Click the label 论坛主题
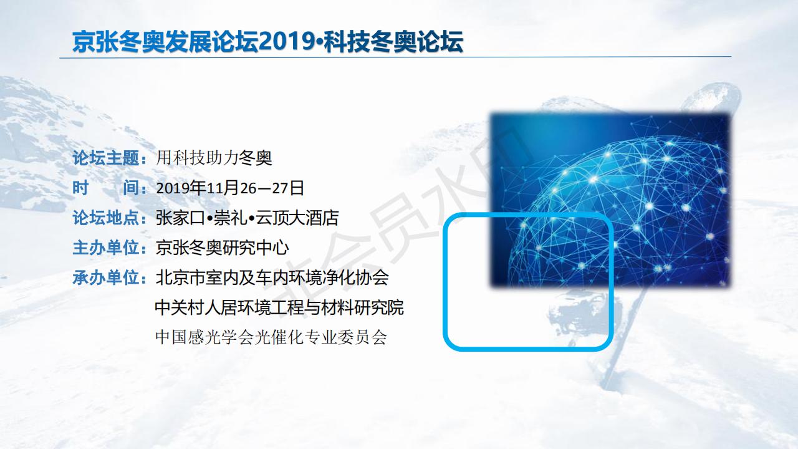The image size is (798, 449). point(106,158)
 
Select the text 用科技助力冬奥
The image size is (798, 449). point(214,158)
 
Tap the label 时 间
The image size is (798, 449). point(106,188)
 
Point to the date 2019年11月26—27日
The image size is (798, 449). point(230,188)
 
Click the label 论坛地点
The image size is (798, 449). point(106,218)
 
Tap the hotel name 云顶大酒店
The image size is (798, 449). point(297,218)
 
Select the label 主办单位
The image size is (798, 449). point(106,248)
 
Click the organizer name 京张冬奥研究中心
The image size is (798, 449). point(222,248)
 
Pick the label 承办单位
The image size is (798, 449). point(106,278)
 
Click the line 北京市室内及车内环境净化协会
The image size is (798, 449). point(272,278)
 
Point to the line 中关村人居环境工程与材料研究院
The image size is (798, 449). point(279,307)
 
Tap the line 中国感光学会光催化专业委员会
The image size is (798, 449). point(271,337)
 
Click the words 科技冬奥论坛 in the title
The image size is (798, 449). point(393,42)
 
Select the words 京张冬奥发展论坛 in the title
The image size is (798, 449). point(165,42)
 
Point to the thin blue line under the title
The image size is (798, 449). point(395,57)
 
